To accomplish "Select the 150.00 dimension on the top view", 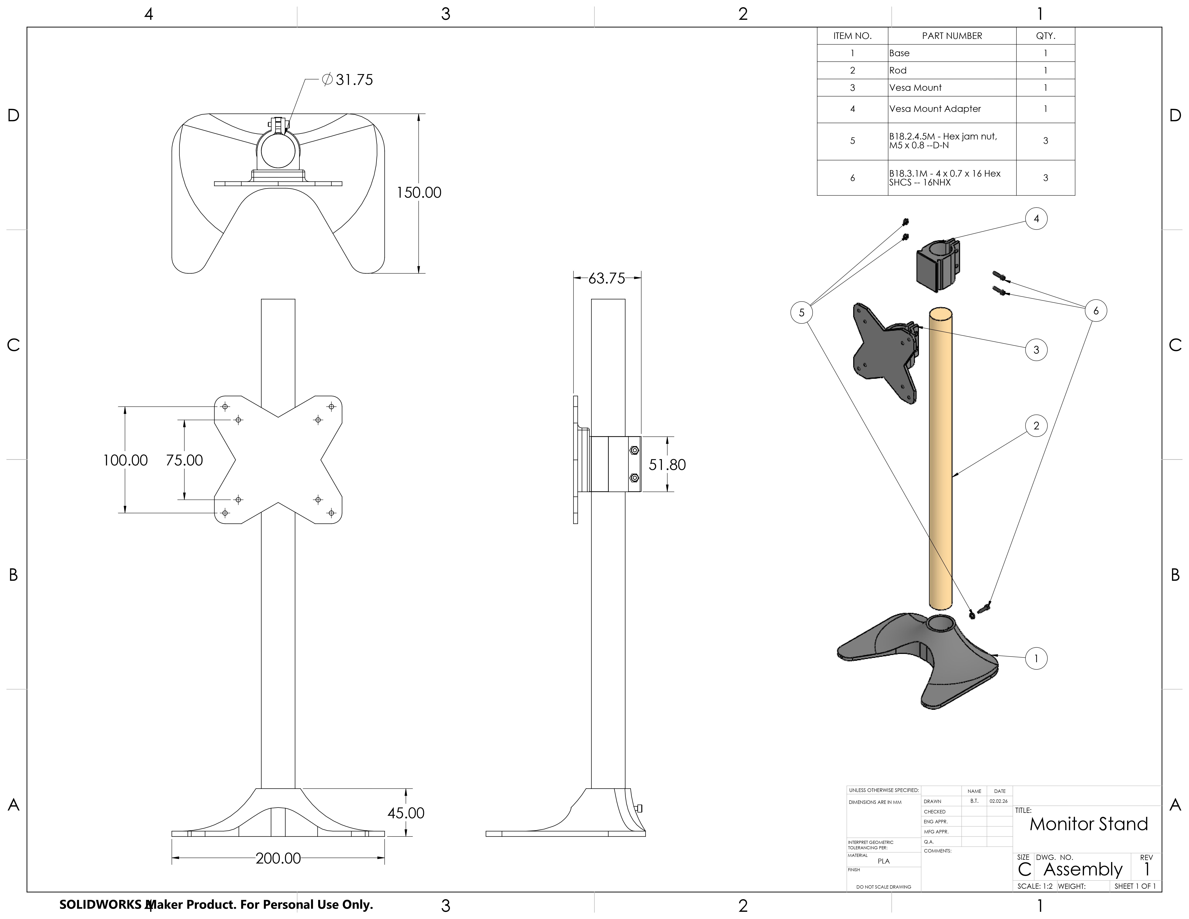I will tap(419, 193).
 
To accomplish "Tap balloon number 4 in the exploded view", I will tap(1036, 219).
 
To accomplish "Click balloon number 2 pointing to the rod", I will tap(1036, 426).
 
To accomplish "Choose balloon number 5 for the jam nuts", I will tap(801, 312).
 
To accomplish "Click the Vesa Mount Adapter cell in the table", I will tap(935, 109).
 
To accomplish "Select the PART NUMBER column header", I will tap(952, 36).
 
